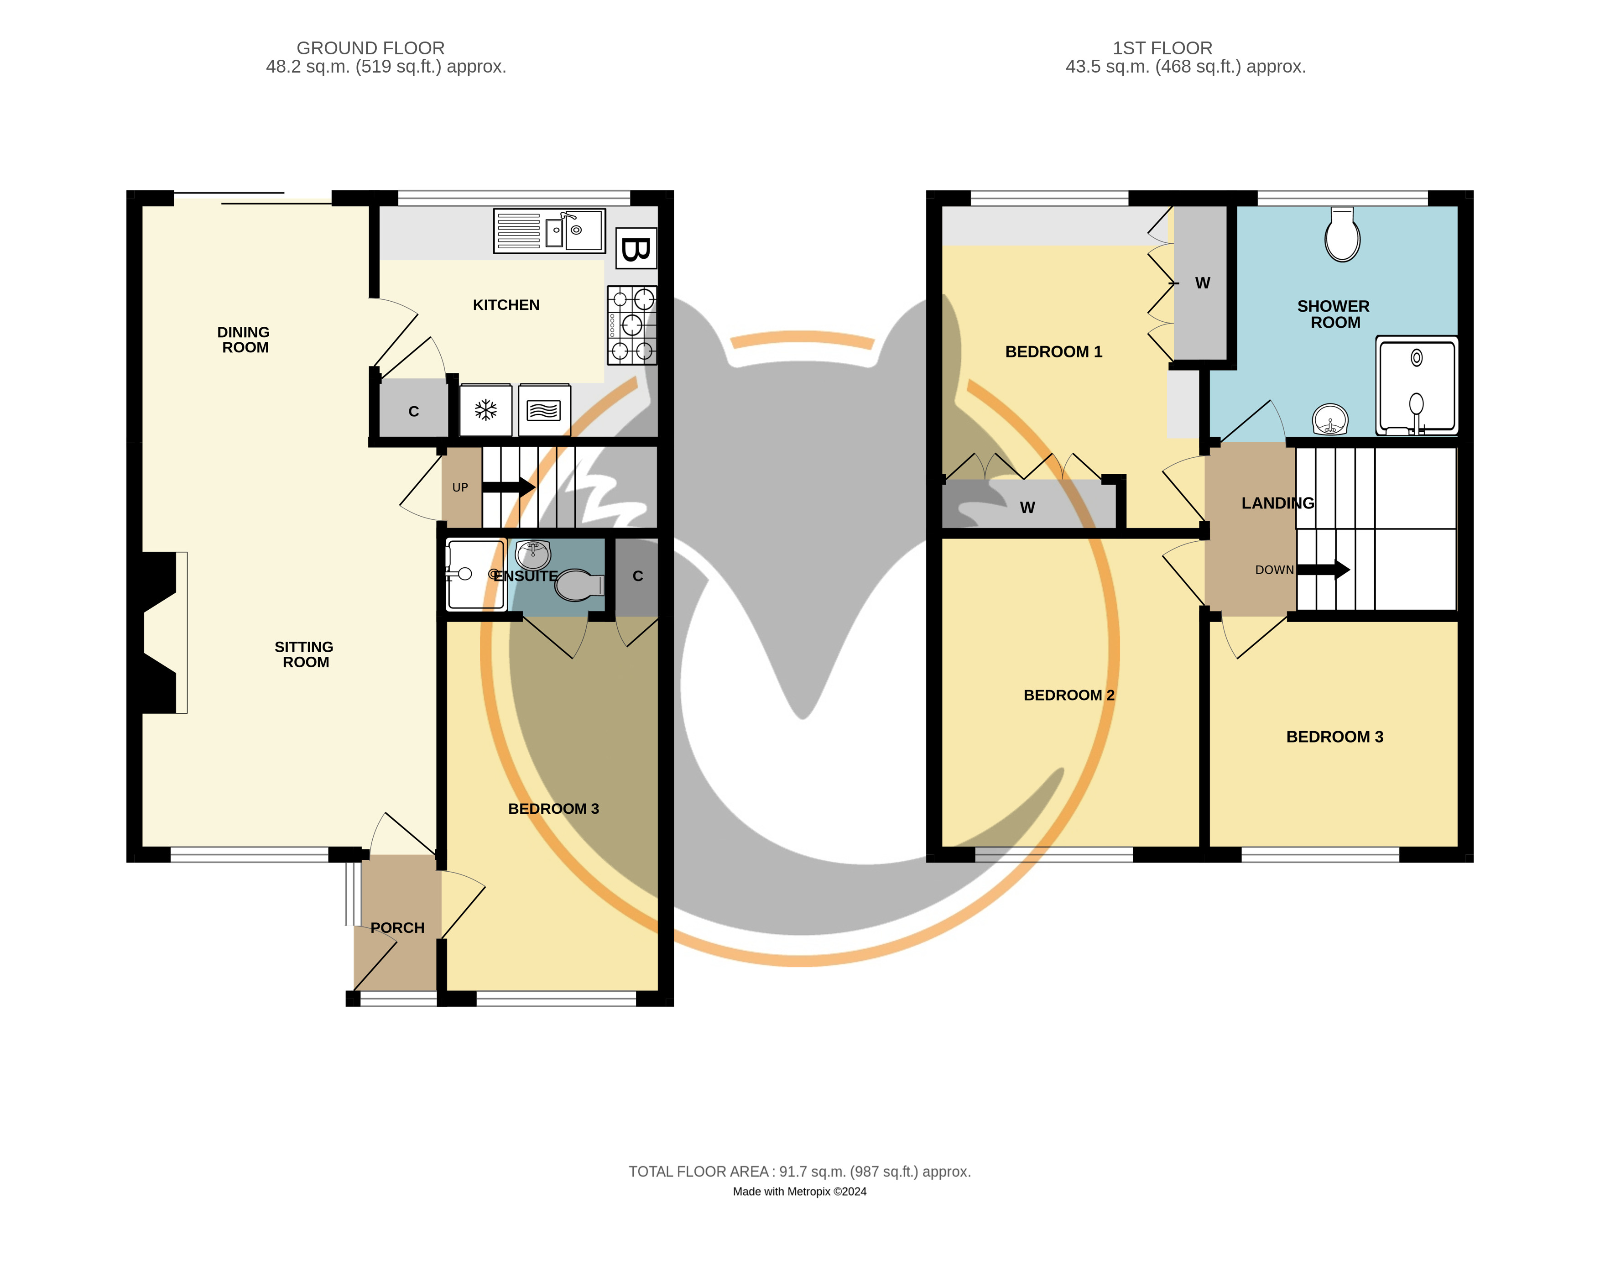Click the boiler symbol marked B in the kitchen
pos(636,248)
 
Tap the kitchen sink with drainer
pos(549,230)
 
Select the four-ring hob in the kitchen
pos(632,325)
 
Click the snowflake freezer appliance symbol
pos(485,410)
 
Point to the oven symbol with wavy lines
pos(544,410)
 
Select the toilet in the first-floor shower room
pos(1342,234)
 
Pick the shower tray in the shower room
pos(1416,385)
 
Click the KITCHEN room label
pos(506,305)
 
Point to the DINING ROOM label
pos(244,340)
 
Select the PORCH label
pos(398,928)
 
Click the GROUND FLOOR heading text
pos(370,48)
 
